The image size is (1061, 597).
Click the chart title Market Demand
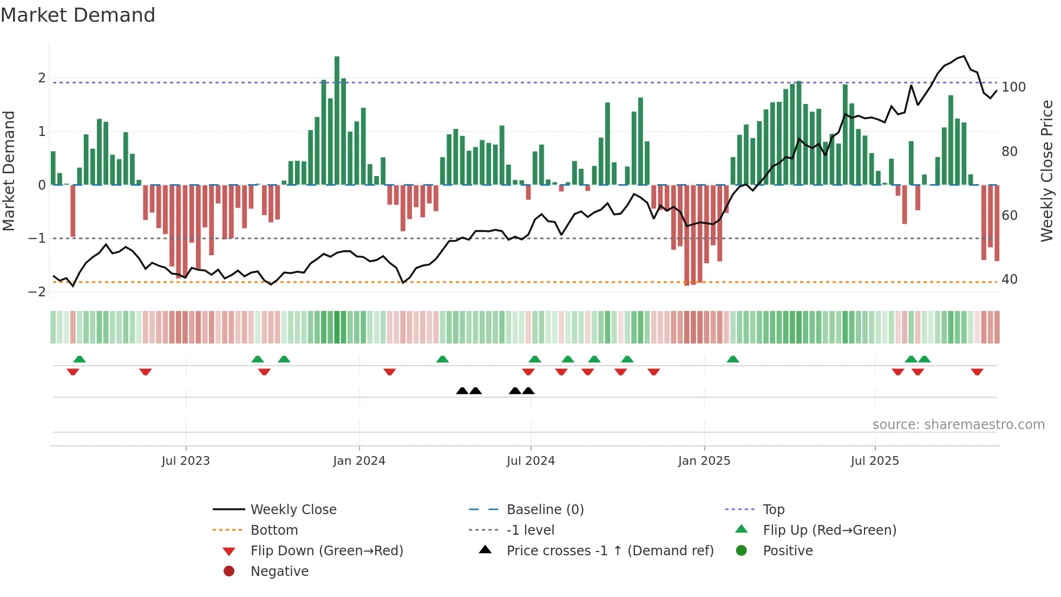78,15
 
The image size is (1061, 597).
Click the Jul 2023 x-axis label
186,461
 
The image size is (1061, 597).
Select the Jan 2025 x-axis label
704,461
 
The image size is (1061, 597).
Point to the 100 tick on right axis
1013,87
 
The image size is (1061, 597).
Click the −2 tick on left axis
37,292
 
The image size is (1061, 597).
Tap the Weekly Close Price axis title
1047,171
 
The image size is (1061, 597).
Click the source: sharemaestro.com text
958,425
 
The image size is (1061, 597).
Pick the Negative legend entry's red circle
229,572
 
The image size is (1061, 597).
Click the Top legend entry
774,510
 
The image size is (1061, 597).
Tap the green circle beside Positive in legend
742,551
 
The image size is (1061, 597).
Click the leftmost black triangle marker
462,391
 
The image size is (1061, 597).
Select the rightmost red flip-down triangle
977,372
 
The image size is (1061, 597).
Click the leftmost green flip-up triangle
80,359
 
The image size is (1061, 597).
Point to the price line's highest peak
964,56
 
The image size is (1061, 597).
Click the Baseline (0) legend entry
545,510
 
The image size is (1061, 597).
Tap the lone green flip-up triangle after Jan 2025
733,359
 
